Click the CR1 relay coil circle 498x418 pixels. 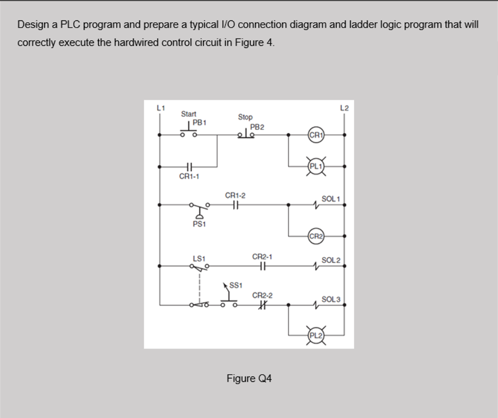(x=316, y=135)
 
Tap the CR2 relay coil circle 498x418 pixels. (x=316, y=236)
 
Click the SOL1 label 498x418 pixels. (x=331, y=199)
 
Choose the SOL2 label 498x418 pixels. (x=331, y=260)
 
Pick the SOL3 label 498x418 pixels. (x=331, y=299)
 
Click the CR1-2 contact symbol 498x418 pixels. (x=235, y=205)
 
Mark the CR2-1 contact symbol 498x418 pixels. (x=262, y=266)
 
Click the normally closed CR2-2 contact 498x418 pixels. (x=262, y=305)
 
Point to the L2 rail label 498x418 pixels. (x=344, y=108)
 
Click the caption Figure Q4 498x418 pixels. (x=249, y=378)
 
